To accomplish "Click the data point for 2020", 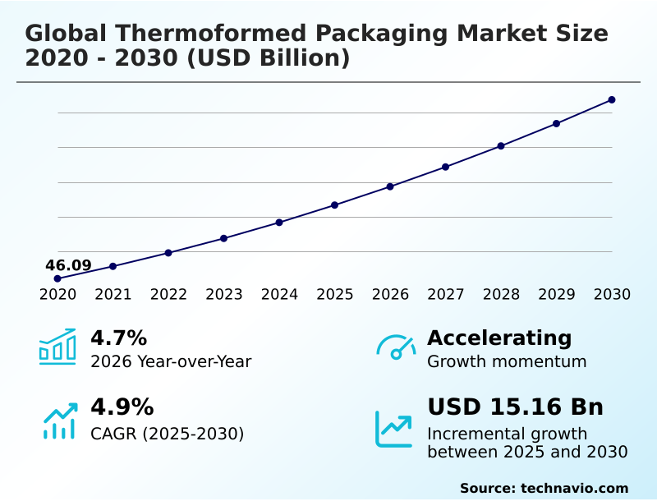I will point(57,278).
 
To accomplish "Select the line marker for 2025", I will point(335,205).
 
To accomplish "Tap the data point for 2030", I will point(612,100).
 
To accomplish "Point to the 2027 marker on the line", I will point(446,167).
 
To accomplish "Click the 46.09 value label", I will point(68,265).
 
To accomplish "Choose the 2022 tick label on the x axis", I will point(168,295).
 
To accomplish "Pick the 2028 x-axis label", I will point(501,295).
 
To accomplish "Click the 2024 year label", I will point(279,295).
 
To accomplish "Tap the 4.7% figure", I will point(118,338).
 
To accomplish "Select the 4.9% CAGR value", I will point(122,407).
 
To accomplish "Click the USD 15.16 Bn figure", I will point(515,407).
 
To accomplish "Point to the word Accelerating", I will point(499,338).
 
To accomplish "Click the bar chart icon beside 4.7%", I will point(57,347).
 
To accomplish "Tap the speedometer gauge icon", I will point(396,347).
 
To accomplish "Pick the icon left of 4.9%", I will point(59,421).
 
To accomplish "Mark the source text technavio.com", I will point(574,488).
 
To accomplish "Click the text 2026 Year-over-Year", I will point(171,361).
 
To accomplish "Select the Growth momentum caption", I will point(507,361).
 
